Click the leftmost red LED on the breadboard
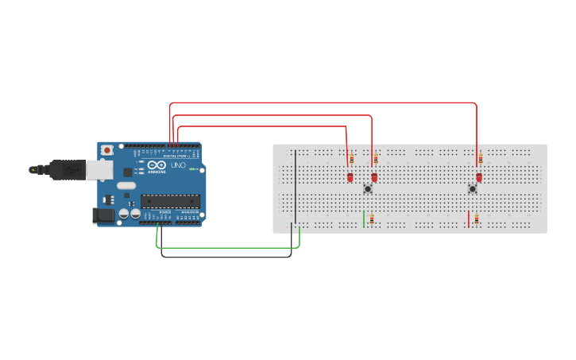pyautogui.click(x=350, y=177)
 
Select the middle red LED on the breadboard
pyautogui.click(x=374, y=177)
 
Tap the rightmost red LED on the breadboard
pyautogui.click(x=479, y=177)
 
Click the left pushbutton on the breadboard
pyautogui.click(x=368, y=188)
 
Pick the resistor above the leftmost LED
pyautogui.click(x=351, y=159)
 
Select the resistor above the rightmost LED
pyautogui.click(x=480, y=159)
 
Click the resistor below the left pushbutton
pyautogui.click(x=371, y=219)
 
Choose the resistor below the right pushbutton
pyautogui.click(x=476, y=219)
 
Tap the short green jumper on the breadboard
pyautogui.click(x=364, y=219)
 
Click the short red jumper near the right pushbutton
pyautogui.click(x=469, y=219)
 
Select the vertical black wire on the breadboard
pyautogui.click(x=295, y=187)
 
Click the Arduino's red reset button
pyautogui.click(x=107, y=150)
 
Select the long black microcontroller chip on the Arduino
pyautogui.click(x=170, y=201)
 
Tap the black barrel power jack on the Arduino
pyautogui.click(x=103, y=215)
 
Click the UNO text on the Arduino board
pyautogui.click(x=177, y=165)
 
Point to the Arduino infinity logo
pyautogui.click(x=157, y=165)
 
